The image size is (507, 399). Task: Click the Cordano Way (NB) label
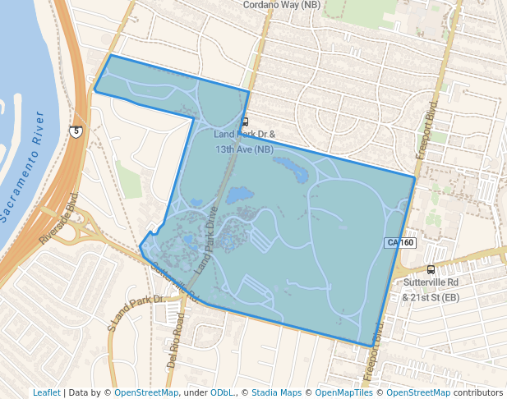point(282,5)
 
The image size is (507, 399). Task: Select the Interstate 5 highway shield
point(76,131)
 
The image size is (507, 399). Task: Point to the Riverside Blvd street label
point(58,218)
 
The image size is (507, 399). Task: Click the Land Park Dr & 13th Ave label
point(244,141)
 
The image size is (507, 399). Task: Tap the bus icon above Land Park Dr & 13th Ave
point(245,122)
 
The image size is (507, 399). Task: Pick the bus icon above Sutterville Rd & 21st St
point(431,269)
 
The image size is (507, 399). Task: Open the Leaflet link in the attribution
point(46,392)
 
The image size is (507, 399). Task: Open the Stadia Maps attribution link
point(276,392)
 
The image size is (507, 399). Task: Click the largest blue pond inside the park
point(239,195)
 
